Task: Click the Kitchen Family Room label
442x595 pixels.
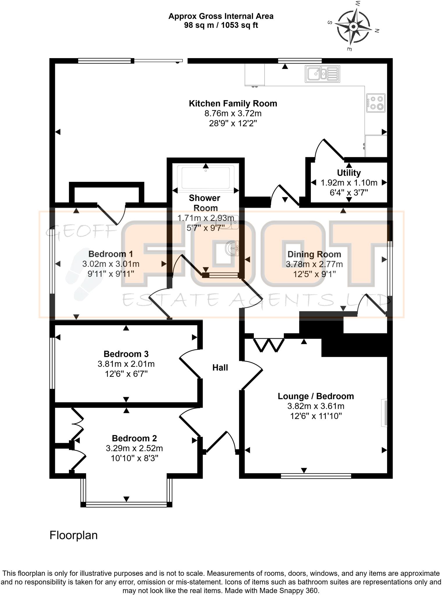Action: tap(233, 103)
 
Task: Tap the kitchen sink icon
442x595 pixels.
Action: tap(322, 74)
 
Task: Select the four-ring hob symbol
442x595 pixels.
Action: tap(376, 103)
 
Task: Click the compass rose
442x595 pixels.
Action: tap(354, 27)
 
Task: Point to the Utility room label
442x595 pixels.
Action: tap(349, 173)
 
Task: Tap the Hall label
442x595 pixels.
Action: tap(220, 368)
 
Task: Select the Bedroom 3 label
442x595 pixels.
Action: tap(126, 354)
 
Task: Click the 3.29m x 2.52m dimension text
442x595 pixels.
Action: tap(134, 448)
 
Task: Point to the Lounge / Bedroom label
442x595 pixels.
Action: tap(316, 396)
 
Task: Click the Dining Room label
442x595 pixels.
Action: tap(314, 255)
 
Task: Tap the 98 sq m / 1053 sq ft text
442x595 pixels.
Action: tap(221, 25)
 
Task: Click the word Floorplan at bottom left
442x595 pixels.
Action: tap(73, 535)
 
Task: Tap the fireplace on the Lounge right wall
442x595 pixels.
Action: tap(384, 413)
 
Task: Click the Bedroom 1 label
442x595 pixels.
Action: tap(110, 254)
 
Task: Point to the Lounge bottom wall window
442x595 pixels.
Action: tap(316, 476)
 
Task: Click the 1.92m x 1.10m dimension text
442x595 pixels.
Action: tap(349, 183)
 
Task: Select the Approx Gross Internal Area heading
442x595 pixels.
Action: tap(221, 16)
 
